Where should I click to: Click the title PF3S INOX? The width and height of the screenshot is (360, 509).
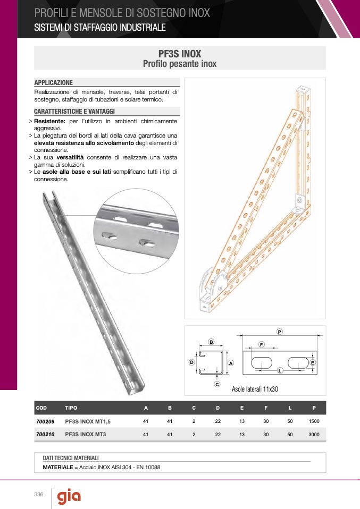180,54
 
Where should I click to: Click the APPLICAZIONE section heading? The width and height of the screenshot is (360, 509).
53,83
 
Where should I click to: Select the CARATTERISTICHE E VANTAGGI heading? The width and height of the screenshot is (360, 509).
74,112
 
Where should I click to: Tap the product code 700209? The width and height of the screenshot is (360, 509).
45,421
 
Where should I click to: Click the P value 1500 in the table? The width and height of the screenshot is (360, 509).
314,421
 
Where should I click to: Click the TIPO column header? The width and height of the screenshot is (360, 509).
71,408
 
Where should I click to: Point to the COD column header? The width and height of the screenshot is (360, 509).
41,408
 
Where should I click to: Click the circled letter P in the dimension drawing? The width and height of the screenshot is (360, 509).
279,332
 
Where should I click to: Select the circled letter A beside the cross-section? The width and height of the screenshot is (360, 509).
231,363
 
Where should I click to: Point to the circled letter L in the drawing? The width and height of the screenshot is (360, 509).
280,370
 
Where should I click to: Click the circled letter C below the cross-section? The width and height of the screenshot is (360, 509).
217,384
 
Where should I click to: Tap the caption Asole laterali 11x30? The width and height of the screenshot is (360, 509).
255,389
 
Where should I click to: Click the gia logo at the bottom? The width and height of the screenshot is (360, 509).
69,497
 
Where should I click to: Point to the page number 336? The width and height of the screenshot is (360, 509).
38,495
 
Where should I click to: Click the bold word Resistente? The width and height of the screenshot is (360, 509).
49,122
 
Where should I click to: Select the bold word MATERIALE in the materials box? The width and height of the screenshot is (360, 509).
57,468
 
